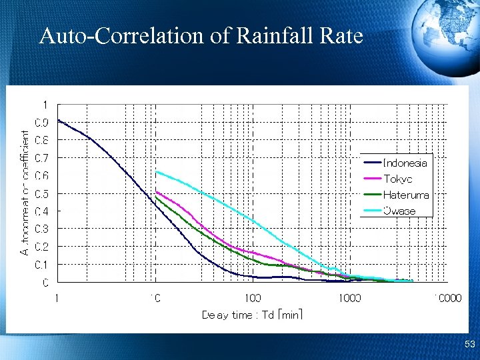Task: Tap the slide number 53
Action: (469, 345)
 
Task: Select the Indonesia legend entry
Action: (405, 163)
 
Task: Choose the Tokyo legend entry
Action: (398, 179)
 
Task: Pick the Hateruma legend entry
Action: (406, 195)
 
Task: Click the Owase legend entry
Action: (399, 211)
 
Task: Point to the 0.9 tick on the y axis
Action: (41, 123)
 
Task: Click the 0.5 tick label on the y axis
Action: (41, 194)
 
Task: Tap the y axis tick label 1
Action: (45, 105)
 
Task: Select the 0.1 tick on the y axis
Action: (41, 265)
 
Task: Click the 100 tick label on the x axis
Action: (252, 298)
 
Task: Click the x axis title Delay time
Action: (252, 315)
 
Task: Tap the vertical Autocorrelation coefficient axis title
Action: (25, 193)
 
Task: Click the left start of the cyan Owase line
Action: (156, 172)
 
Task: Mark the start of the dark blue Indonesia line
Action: (58, 120)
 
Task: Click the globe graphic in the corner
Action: (445, 30)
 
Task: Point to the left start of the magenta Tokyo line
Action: (156, 192)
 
